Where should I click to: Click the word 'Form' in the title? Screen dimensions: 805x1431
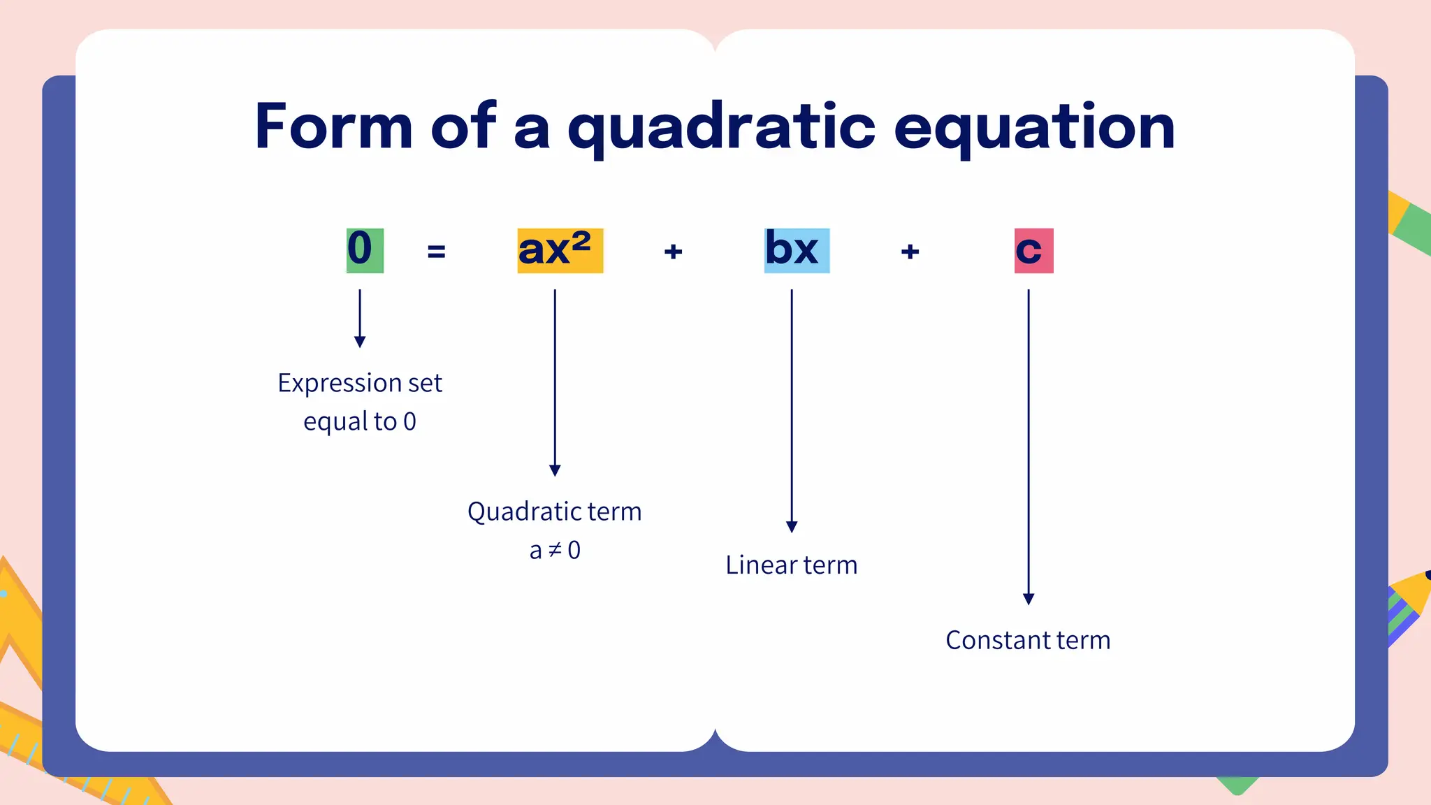tap(333, 127)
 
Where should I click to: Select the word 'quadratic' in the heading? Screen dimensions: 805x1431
tap(721, 129)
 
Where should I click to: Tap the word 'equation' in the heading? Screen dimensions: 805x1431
tap(1034, 129)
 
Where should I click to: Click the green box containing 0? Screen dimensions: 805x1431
tap(365, 250)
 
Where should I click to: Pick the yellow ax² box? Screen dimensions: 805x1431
tap(560, 250)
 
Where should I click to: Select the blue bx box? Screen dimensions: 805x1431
tap(797, 250)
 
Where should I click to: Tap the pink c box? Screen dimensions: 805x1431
tap(1033, 250)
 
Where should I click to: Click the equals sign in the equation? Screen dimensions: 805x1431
tap(436, 251)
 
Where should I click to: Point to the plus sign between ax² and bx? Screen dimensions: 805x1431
tap(673, 251)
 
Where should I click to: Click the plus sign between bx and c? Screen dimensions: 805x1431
tap(910, 251)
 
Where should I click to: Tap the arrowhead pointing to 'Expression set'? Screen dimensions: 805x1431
tap(360, 341)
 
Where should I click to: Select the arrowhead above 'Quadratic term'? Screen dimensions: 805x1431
tap(555, 470)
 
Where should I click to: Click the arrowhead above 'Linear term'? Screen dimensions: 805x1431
tap(792, 526)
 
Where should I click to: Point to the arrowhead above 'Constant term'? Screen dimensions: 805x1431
tap(1029, 599)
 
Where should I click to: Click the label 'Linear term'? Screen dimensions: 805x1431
tap(791, 565)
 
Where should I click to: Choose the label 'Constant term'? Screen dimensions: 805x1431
tap(1028, 640)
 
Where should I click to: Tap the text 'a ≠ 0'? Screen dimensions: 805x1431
tap(555, 551)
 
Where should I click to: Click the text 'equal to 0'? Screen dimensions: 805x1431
tap(360, 421)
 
